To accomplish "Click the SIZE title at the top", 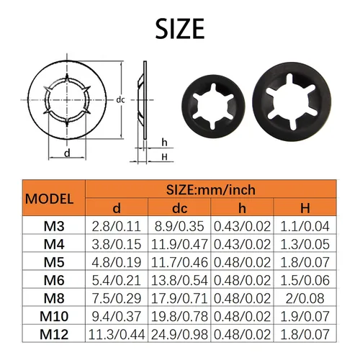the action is tap(180, 29).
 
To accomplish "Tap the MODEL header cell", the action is tap(49, 199).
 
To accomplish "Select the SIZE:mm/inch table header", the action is tap(211, 190).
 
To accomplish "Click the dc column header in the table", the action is tap(179, 208).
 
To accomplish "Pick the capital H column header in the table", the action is tap(305, 208).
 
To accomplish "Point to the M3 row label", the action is tap(54, 226).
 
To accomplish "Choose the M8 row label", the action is tap(54, 298).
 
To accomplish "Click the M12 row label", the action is tap(54, 334).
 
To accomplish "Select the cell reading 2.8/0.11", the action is tap(117, 226).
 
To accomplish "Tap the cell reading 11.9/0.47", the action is tap(179, 244).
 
